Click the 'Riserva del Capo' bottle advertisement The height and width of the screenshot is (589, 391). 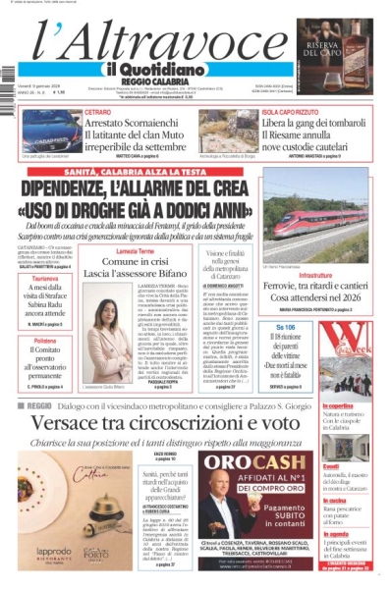coord(347,55)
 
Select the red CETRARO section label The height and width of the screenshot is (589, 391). coord(97,113)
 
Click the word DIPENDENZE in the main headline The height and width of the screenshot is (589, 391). coord(88,188)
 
